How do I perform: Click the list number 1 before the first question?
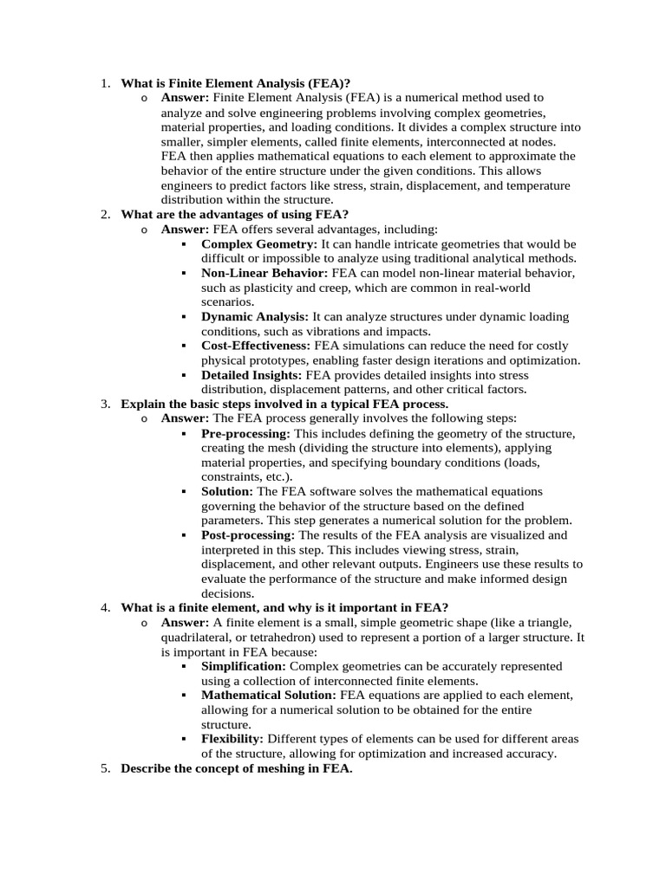tap(103, 84)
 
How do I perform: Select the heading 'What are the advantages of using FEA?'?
tap(235, 214)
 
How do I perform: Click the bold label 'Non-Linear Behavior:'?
tap(264, 273)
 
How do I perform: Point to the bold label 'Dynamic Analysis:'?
tap(255, 317)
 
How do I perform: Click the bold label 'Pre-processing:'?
tap(246, 434)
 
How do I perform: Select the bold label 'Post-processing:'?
tap(248, 536)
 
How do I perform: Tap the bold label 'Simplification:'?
tap(244, 666)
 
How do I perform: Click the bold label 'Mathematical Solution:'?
tap(269, 695)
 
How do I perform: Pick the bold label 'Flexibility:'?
tap(232, 739)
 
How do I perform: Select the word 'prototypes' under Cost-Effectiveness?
tap(286, 360)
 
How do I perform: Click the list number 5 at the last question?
tap(103, 769)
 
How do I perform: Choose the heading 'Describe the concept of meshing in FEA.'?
tap(237, 769)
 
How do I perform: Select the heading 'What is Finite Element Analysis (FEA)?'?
tap(236, 84)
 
